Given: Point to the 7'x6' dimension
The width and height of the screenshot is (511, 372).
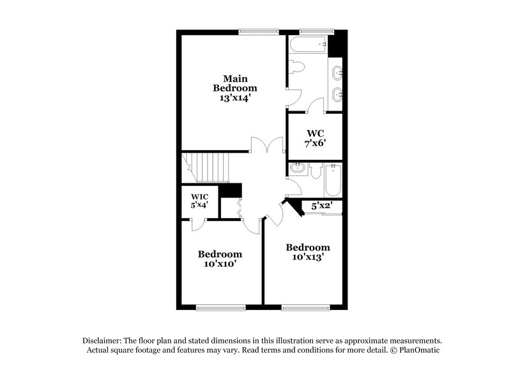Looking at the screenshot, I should [316, 143].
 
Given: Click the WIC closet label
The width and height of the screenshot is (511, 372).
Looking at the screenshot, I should [199, 196].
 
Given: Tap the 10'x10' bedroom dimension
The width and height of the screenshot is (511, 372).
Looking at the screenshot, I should [220, 263].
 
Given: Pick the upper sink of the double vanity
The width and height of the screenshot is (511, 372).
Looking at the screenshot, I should [337, 73].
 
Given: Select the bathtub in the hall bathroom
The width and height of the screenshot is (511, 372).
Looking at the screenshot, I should [334, 180].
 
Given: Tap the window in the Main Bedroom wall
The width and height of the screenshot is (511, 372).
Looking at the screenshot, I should [259, 30].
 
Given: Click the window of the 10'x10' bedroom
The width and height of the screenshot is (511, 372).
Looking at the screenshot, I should [220, 307].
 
